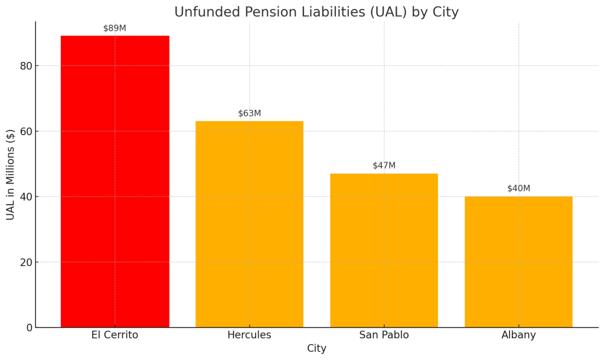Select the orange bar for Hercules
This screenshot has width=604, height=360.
point(249,224)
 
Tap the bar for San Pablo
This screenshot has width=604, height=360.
point(384,250)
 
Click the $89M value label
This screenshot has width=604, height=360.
point(115,28)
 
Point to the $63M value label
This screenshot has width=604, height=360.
point(249,113)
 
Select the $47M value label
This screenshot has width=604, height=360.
point(384,166)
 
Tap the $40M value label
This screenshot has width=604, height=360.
point(518,189)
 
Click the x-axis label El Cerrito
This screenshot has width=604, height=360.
point(115,335)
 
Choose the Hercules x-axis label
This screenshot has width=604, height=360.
point(249,335)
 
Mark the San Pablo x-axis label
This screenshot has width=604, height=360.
point(384,335)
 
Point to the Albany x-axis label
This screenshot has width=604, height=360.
point(518,335)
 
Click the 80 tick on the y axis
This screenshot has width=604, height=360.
point(25,66)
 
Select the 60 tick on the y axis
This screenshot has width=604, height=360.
point(25,131)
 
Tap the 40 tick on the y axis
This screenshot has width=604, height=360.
point(25,197)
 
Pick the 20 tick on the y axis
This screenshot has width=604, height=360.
point(25,262)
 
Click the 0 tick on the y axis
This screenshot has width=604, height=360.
point(28,328)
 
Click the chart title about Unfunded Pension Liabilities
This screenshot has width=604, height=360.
point(316,12)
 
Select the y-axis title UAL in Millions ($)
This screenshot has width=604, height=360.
point(11,175)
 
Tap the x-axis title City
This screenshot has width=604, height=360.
point(316,349)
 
